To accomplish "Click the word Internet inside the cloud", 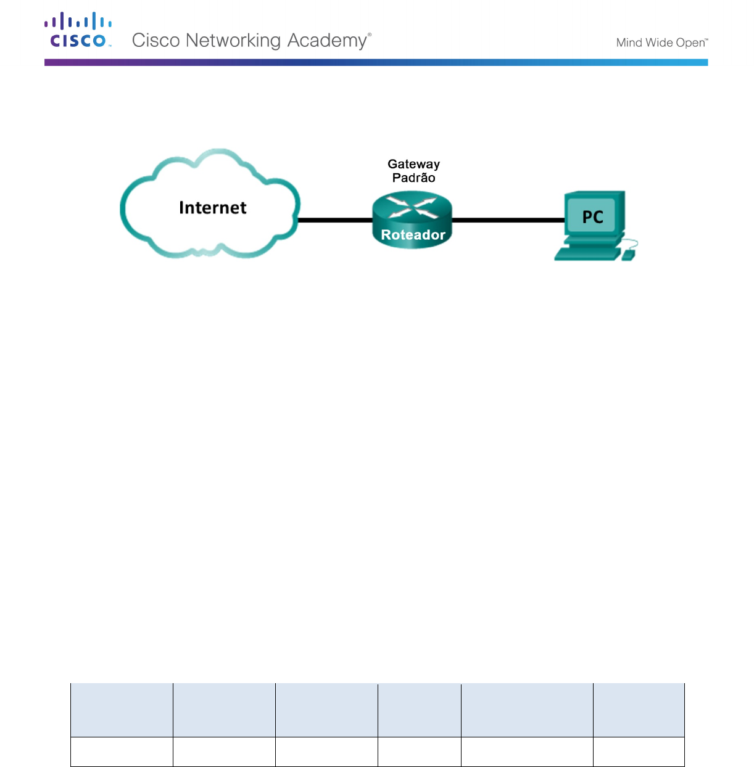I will pos(212,208).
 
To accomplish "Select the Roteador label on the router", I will pos(413,235).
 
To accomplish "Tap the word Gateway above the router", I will pos(413,164).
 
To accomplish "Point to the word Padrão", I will pos(413,178).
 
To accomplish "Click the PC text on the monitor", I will pos(592,217).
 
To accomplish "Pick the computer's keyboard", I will pos(586,253).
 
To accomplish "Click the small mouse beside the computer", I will pos(628,255).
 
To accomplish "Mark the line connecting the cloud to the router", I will pos(336,219).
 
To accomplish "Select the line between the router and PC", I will pos(508,219).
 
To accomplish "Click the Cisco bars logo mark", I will pos(78,22).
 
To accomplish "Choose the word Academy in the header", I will pos(328,41).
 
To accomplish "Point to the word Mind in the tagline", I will pos(629,43).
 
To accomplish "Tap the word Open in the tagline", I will pos(690,43).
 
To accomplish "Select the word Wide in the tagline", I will pos(659,43).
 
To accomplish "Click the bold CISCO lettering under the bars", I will pos(78,41).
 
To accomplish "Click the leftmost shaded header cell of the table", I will pos(122,710).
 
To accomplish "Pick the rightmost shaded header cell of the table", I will pos(639,710).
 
